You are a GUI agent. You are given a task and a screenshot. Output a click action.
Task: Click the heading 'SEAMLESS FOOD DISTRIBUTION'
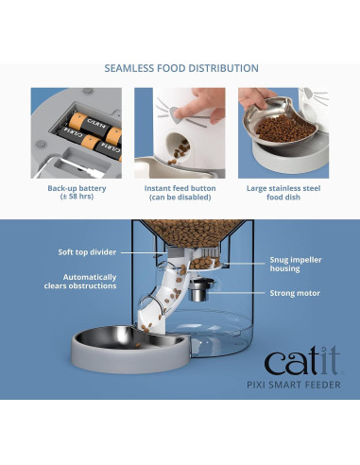coord(180,69)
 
